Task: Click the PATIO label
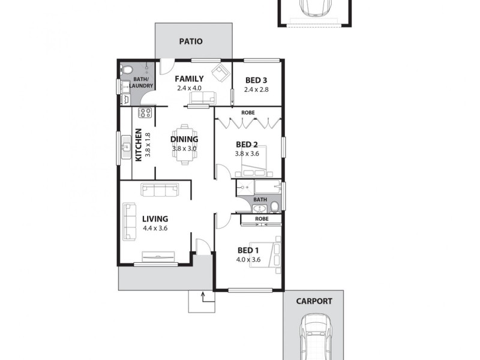click(191, 42)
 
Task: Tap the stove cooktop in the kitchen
click(145, 112)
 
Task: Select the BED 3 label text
click(256, 80)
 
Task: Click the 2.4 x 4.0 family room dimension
click(189, 88)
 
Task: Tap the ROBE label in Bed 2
click(248, 112)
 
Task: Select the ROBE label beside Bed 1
click(262, 220)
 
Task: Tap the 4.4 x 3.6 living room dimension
click(155, 229)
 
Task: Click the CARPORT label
click(313, 301)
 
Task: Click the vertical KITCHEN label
click(138, 145)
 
